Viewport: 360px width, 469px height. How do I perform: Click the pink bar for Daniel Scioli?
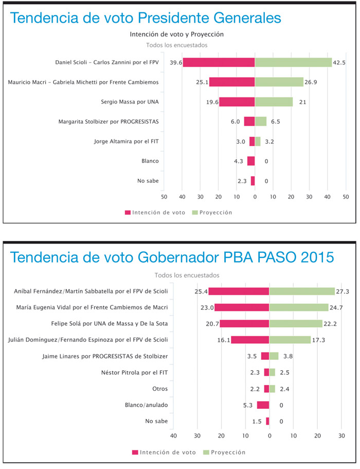tap(219, 62)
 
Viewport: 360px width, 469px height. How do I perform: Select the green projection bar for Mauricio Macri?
tap(279, 82)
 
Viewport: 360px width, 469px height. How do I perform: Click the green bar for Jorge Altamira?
tap(258, 141)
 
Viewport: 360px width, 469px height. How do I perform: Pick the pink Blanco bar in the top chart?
tap(251, 161)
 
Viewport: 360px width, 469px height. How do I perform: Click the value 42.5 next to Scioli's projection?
tap(339, 62)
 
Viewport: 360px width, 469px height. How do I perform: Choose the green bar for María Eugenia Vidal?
tap(299, 307)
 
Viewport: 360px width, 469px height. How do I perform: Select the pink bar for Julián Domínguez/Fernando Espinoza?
tap(250, 340)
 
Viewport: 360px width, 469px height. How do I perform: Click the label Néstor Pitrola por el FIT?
tap(132, 372)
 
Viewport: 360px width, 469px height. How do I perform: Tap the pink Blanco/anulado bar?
tap(263, 405)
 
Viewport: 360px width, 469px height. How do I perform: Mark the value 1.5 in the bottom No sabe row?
tap(258, 421)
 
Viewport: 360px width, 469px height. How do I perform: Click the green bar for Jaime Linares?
tap(274, 356)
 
